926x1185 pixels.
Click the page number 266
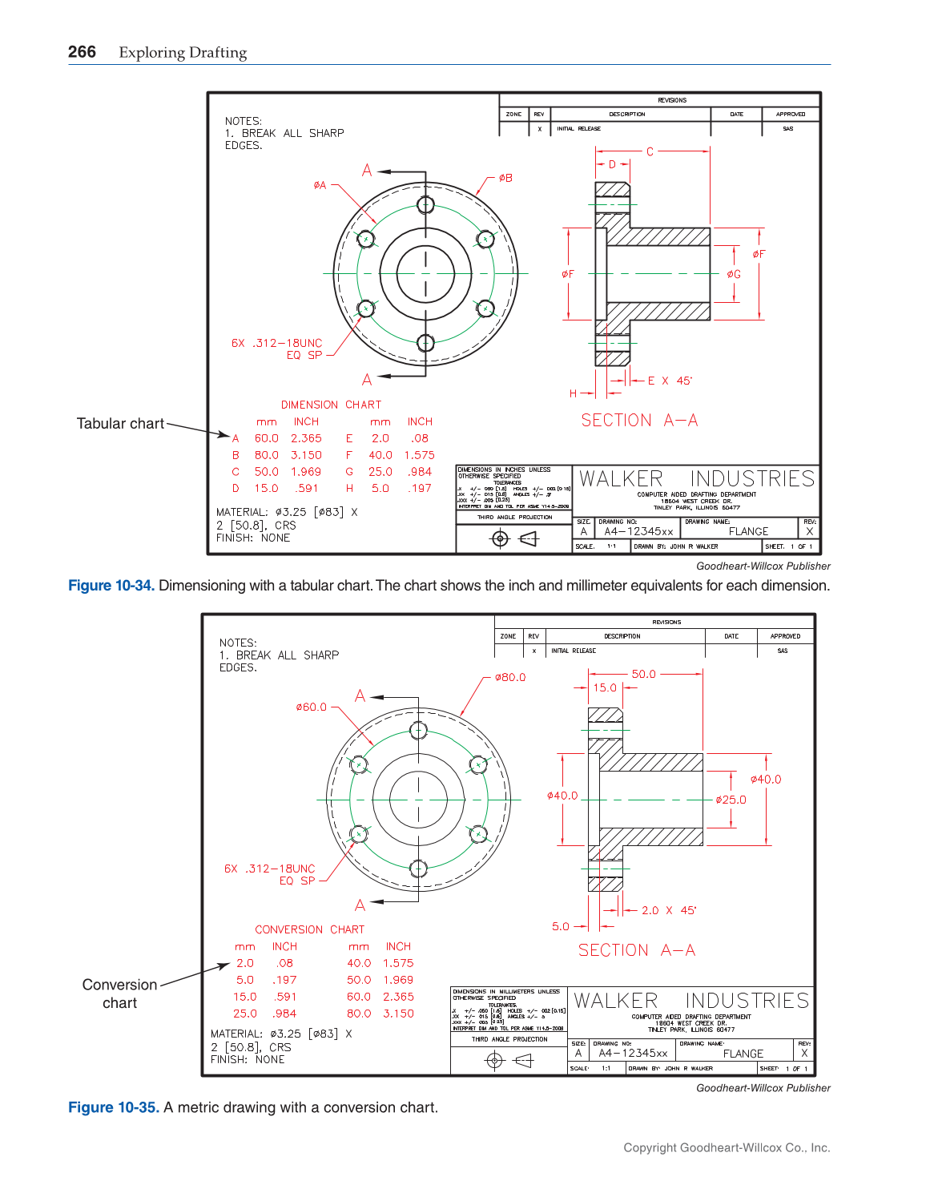point(82,52)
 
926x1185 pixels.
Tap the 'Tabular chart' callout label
point(120,424)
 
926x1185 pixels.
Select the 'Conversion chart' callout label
point(119,994)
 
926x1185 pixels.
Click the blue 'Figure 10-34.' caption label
point(111,586)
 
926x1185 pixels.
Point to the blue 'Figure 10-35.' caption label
point(113,1107)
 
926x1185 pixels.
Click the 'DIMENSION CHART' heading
point(331,405)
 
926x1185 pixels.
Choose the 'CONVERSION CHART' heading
point(309,929)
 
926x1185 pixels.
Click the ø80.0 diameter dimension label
point(510,678)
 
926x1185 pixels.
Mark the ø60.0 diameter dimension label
point(311,707)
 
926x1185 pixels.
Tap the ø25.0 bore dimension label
point(731,800)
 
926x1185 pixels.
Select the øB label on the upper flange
point(505,179)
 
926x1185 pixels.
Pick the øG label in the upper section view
point(734,274)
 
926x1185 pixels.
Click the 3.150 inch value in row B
point(306,455)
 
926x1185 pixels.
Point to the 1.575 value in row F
point(419,455)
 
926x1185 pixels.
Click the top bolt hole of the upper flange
point(425,204)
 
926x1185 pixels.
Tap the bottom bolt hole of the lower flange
point(418,868)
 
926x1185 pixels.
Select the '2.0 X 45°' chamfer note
point(669,911)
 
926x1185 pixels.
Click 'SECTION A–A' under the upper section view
point(639,421)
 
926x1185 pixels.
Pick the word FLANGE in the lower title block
point(743,1054)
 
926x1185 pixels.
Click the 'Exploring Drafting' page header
point(183,53)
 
